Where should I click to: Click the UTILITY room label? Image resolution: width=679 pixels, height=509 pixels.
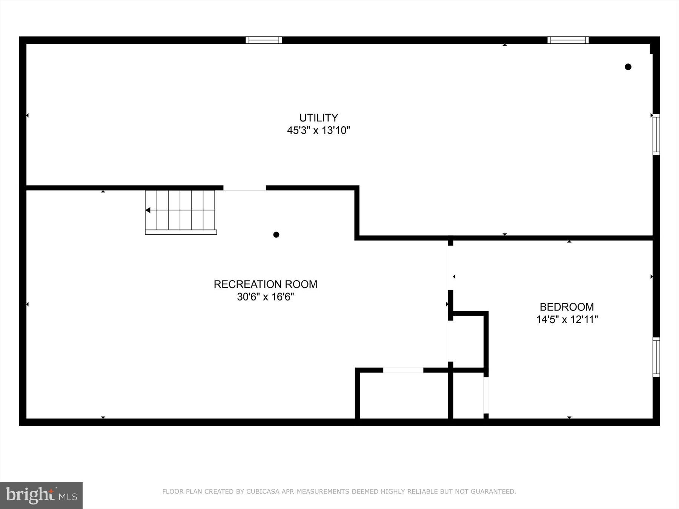tap(318, 118)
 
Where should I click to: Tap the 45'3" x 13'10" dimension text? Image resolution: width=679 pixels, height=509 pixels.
tap(318, 130)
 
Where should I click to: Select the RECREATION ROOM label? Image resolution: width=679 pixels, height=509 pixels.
tap(265, 284)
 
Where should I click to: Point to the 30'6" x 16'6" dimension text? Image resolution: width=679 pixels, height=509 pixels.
tap(265, 297)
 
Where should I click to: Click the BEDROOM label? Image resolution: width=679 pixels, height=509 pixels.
tap(567, 307)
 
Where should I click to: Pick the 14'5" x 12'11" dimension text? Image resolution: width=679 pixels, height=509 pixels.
tap(567, 320)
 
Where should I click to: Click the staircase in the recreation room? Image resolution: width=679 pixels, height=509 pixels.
tap(180, 211)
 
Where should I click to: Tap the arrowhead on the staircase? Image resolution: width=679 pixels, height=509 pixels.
tap(148, 210)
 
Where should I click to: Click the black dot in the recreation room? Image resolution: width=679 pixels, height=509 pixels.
tap(276, 235)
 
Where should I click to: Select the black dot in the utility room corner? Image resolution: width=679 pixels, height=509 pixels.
tap(628, 67)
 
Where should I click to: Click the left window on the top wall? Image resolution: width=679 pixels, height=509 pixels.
tap(264, 40)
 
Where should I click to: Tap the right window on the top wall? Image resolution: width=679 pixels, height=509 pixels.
tap(568, 40)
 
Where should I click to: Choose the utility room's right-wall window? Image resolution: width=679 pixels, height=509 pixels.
tap(656, 134)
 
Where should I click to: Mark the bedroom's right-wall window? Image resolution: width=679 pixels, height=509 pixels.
tap(656, 357)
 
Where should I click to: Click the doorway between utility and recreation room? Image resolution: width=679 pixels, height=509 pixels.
tap(244, 188)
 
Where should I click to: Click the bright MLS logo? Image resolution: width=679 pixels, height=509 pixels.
tap(41, 495)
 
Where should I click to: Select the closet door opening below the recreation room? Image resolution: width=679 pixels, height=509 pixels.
tap(403, 370)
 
